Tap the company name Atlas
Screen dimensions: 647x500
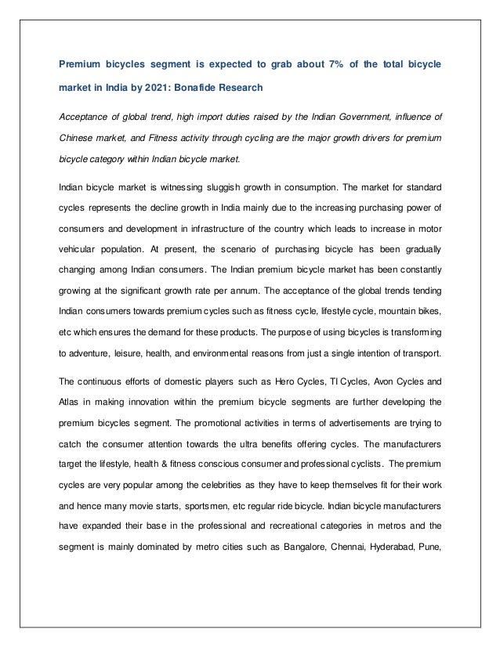click(x=71, y=402)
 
